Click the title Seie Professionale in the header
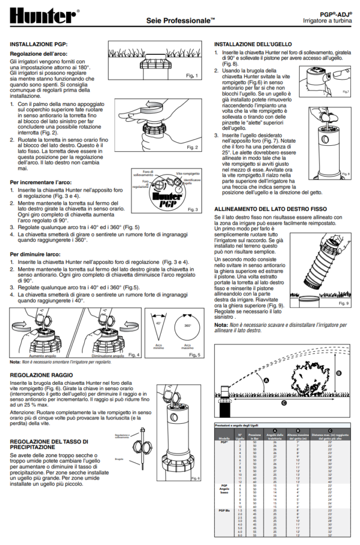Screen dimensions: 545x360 pyautogui.click(x=181, y=20)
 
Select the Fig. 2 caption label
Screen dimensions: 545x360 pyautogui.click(x=192, y=147)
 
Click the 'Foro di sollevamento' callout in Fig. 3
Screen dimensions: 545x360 pyautogui.click(x=143, y=173)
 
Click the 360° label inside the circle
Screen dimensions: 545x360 pyautogui.click(x=187, y=325)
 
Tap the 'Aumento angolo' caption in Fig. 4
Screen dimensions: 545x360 pyautogui.click(x=44, y=356)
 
